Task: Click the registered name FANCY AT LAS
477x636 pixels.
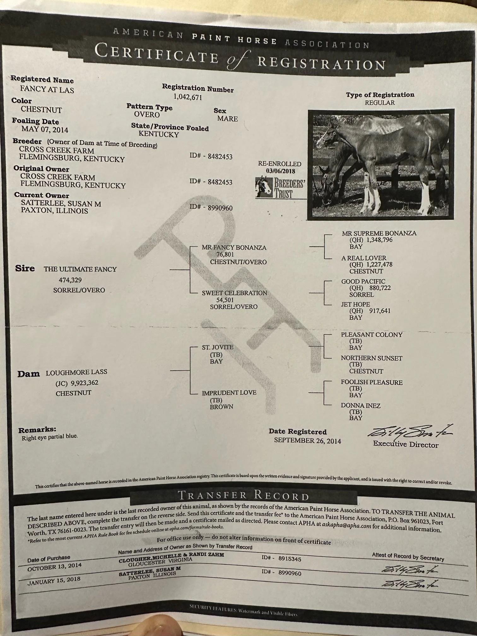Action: point(47,90)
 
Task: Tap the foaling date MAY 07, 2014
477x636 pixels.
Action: point(45,129)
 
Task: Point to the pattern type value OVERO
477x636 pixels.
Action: point(147,115)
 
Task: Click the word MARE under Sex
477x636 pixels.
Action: point(227,119)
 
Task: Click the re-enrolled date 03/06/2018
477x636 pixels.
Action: point(280,171)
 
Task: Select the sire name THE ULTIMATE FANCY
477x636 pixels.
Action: point(80,269)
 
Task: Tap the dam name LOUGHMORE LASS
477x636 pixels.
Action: point(77,372)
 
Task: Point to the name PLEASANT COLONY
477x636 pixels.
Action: point(372,334)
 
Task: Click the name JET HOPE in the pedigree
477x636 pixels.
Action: point(355,304)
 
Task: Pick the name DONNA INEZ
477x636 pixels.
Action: point(361,405)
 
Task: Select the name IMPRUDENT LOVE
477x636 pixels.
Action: point(229,393)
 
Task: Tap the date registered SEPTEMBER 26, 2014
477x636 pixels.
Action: point(307,440)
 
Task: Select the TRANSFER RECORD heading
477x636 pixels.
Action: point(243,496)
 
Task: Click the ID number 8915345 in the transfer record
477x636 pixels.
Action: point(289,559)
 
